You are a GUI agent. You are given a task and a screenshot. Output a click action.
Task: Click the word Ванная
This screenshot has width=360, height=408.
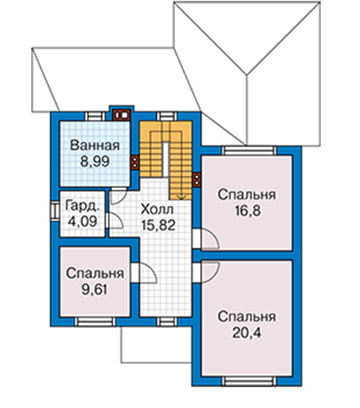click(x=95, y=146)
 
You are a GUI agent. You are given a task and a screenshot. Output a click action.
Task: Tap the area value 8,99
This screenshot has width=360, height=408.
click(x=95, y=162)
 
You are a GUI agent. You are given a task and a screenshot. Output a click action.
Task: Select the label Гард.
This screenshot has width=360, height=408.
click(x=82, y=206)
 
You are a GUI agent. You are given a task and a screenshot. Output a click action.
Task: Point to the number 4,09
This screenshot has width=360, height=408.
click(x=82, y=221)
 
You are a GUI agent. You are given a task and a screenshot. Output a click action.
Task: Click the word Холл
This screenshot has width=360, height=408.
click(x=157, y=210)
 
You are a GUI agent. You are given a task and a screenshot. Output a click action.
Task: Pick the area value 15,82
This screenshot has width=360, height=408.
click(x=158, y=226)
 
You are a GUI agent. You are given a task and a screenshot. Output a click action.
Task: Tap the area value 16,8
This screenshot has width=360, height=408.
click(x=247, y=210)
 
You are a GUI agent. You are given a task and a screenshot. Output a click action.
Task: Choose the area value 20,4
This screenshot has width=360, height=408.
click(x=246, y=333)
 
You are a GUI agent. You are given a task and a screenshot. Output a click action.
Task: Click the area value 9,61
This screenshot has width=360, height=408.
click(x=94, y=290)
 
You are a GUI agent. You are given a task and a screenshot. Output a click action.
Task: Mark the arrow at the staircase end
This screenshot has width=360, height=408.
click(x=182, y=197)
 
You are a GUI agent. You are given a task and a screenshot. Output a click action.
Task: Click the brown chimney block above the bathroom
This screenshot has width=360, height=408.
click(x=122, y=115)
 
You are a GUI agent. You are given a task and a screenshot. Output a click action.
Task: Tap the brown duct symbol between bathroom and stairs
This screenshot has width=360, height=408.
click(x=135, y=162)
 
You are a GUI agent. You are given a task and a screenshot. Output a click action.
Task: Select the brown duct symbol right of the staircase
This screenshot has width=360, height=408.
click(x=197, y=180)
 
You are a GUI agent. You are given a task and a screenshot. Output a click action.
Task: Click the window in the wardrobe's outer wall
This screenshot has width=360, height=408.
click(x=54, y=210)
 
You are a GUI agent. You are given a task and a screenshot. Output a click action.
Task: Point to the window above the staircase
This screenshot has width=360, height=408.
click(x=166, y=116)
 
